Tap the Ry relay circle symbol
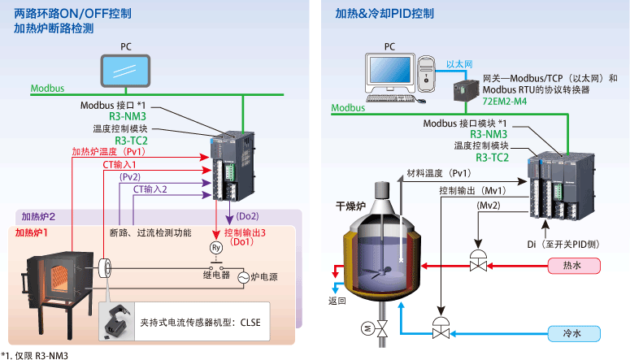[216, 246]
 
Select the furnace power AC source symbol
[241, 277]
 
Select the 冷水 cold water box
[572, 333]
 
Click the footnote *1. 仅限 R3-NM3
[34, 354]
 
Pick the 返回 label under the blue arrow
[337, 301]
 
